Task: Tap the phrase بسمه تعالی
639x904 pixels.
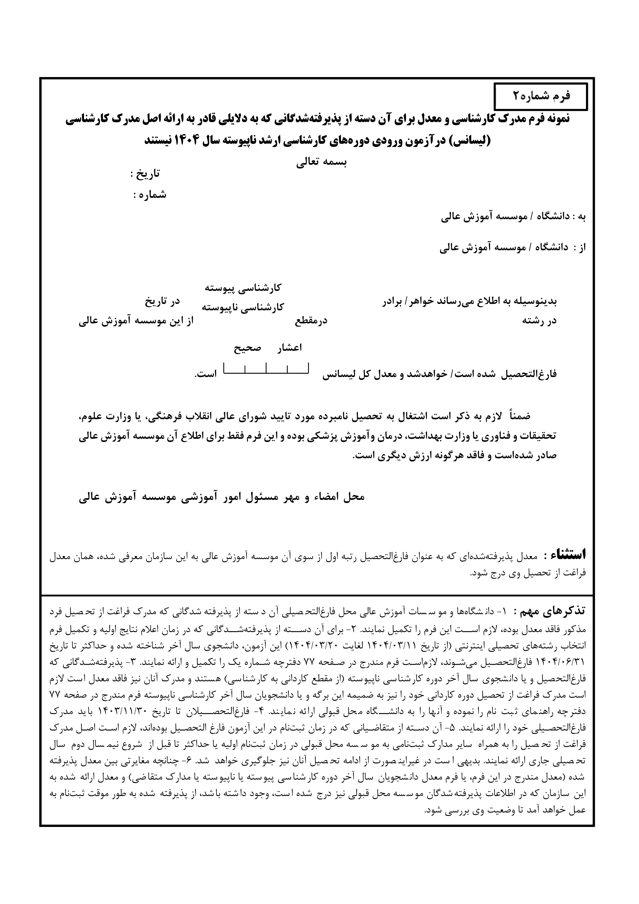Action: click(x=321, y=163)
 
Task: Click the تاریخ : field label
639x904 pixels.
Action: click(x=145, y=174)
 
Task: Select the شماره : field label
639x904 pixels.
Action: click(x=150, y=195)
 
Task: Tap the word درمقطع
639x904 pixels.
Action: click(x=311, y=321)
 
